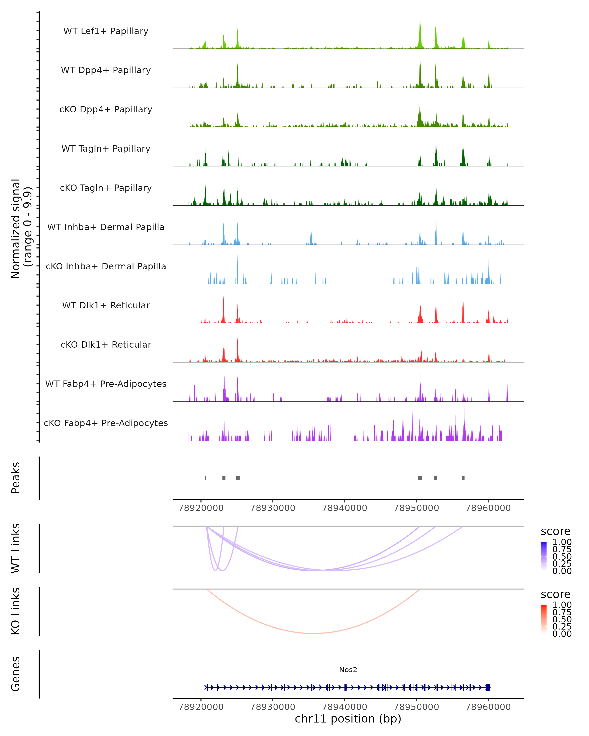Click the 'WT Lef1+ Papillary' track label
click(106, 31)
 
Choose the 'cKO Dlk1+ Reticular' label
click(106, 344)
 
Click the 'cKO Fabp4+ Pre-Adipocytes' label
click(106, 423)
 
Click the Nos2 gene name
click(348, 670)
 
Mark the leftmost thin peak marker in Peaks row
click(205, 478)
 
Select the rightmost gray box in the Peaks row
click(463, 478)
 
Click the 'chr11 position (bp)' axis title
click(348, 719)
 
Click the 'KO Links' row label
click(16, 611)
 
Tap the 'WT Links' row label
click(16, 548)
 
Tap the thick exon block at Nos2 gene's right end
click(488, 687)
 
